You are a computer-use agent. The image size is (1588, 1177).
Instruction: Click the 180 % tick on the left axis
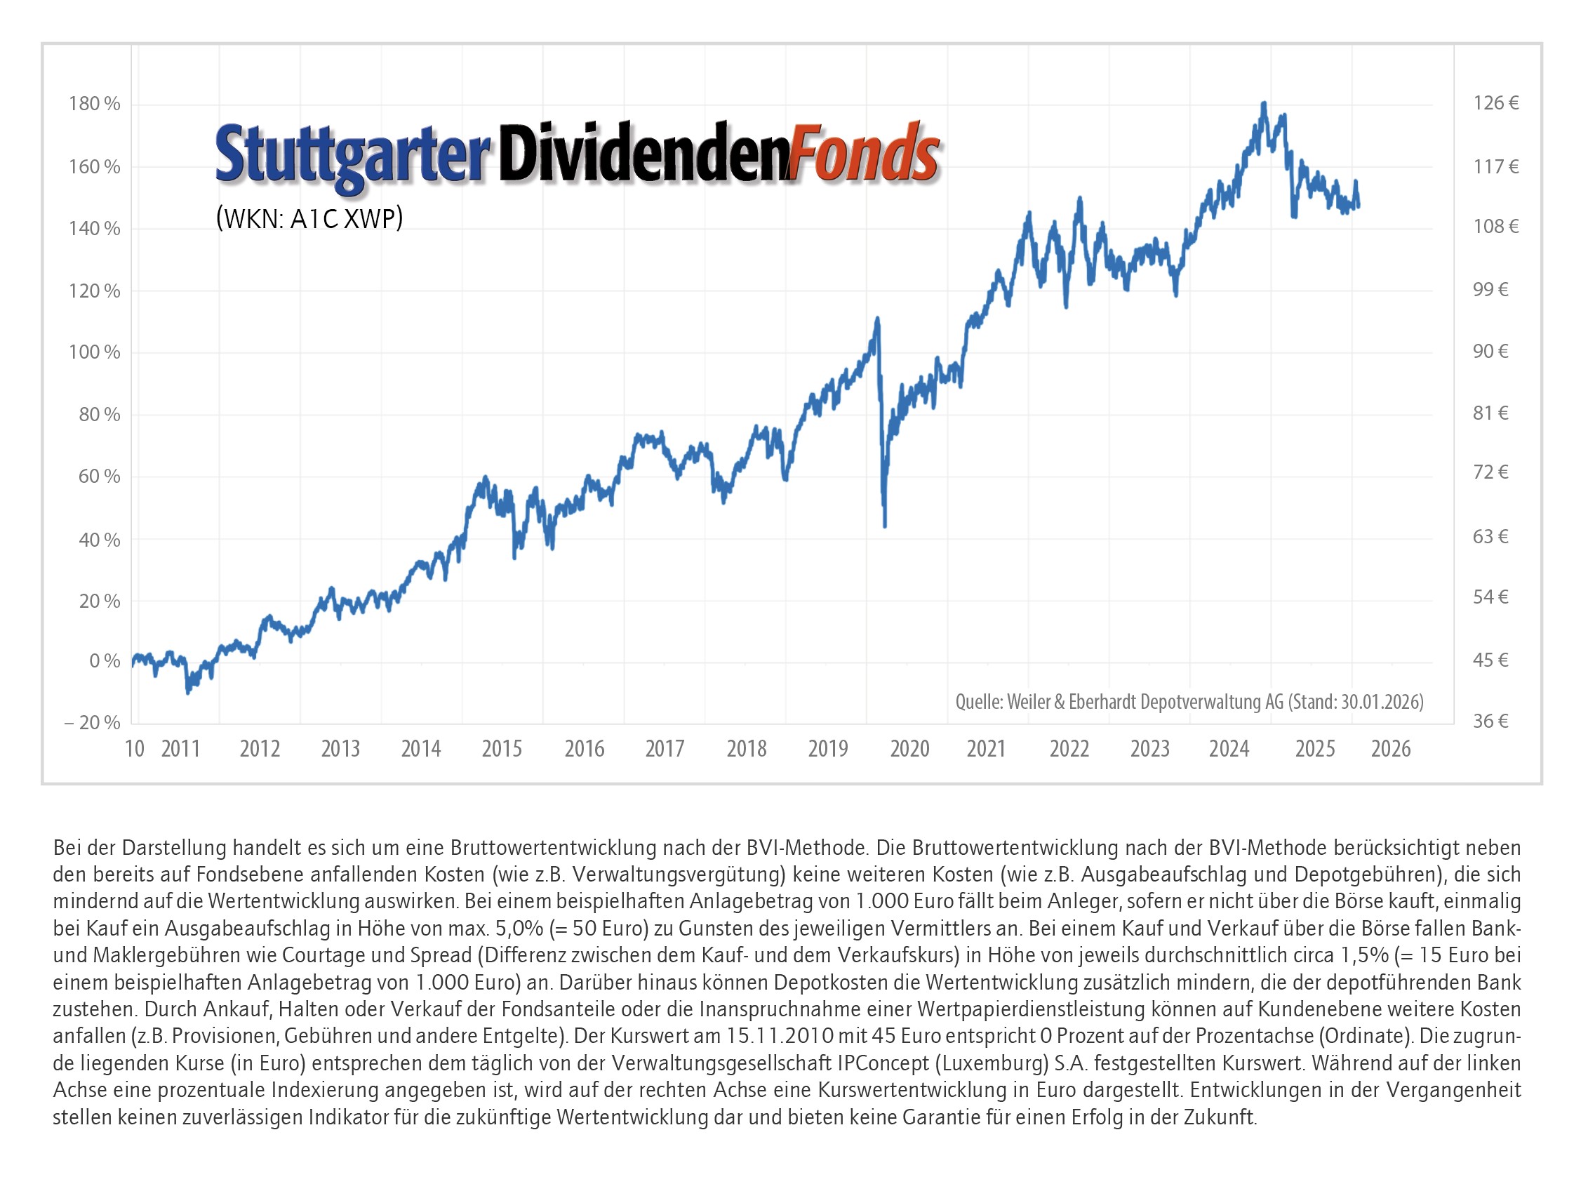[94, 104]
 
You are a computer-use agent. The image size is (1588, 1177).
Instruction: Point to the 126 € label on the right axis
[1495, 103]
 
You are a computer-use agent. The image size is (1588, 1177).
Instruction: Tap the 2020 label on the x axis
[909, 749]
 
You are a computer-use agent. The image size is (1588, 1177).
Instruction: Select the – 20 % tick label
[92, 722]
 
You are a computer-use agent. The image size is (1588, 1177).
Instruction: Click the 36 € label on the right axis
[1490, 721]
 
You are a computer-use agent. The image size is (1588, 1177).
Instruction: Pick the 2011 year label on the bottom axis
[180, 749]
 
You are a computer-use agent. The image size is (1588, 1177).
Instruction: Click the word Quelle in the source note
[978, 702]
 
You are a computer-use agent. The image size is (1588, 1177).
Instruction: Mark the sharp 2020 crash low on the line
[885, 526]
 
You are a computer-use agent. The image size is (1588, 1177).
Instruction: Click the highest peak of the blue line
[1264, 104]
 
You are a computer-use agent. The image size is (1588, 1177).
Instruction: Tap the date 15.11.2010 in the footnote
[780, 1035]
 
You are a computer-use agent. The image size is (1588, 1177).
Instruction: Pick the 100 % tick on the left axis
[94, 352]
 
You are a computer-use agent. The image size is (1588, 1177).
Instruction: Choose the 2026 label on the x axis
[1391, 749]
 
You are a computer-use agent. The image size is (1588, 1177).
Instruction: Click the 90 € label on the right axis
[1490, 351]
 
